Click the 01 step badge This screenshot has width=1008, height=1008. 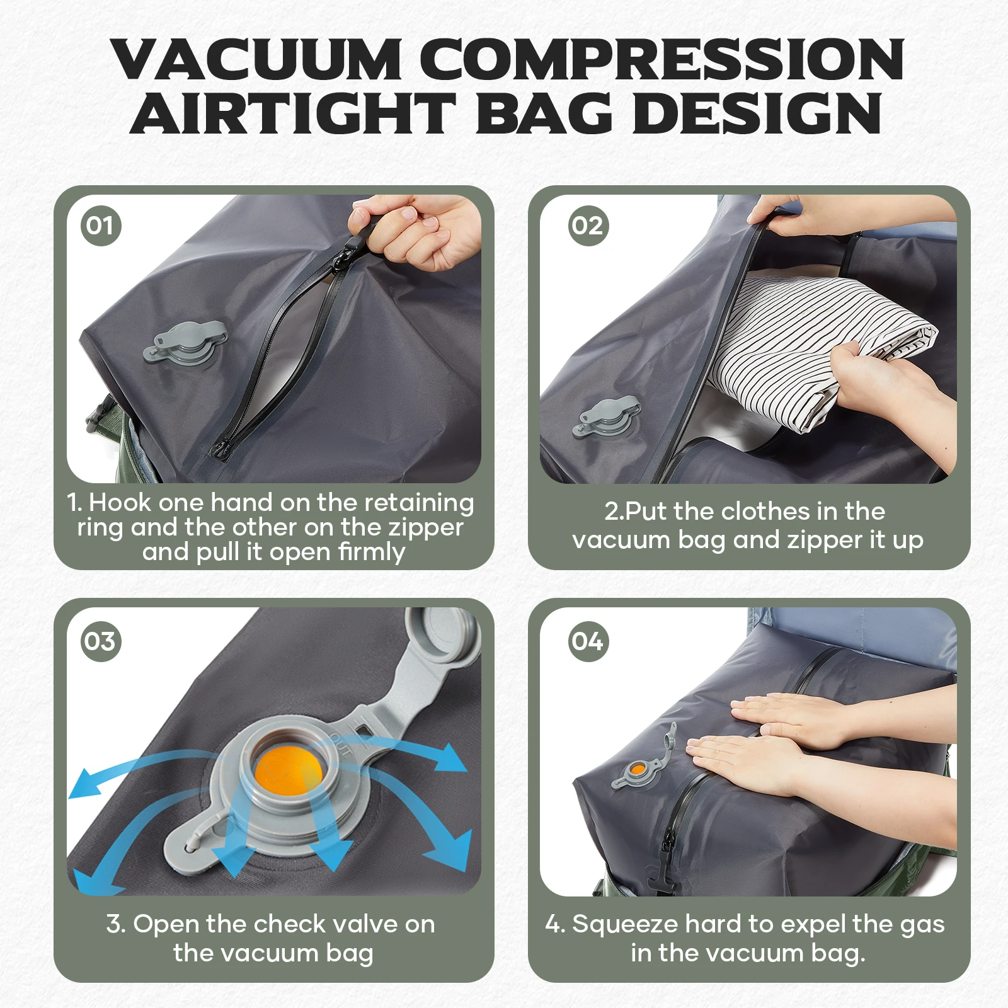100,225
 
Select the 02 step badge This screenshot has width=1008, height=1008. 587,225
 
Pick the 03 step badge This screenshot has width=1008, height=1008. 100,641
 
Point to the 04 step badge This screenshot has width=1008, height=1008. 587,641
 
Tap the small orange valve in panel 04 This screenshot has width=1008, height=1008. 637,769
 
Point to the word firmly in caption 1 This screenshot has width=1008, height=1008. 372,552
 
